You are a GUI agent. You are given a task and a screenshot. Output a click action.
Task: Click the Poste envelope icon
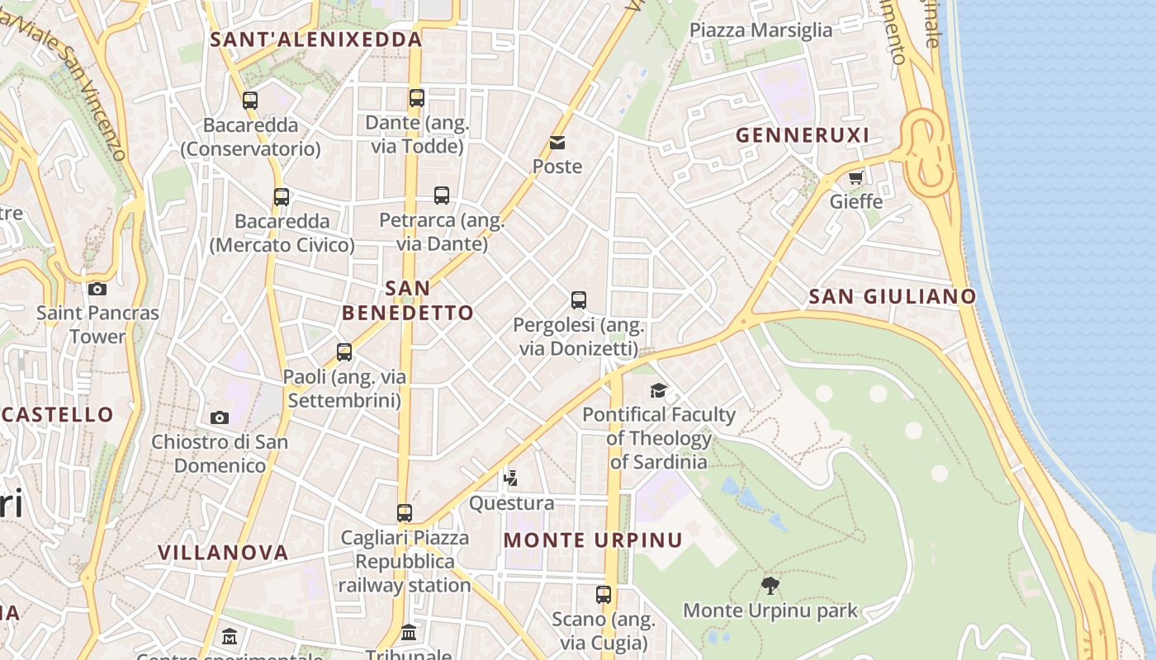(557, 143)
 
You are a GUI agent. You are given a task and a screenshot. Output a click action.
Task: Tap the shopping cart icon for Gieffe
(855, 177)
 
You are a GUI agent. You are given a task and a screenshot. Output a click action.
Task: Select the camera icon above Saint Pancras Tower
(97, 289)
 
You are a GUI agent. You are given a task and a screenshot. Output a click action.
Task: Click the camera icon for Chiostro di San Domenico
(219, 417)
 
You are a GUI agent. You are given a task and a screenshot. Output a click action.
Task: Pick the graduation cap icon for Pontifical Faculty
(658, 390)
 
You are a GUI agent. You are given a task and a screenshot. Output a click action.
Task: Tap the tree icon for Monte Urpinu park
(770, 586)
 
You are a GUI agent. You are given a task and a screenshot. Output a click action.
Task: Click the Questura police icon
(511, 477)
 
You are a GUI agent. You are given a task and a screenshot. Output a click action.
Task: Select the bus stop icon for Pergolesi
(579, 300)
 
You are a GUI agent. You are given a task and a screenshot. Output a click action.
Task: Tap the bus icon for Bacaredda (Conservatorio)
(250, 101)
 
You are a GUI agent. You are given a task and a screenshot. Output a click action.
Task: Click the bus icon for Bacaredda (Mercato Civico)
(282, 197)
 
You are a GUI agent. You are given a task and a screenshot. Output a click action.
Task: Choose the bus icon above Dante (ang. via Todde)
(417, 98)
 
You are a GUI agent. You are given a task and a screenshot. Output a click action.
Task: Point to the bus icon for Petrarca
(442, 196)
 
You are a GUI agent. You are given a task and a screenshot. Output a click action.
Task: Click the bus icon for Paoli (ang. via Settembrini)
(344, 352)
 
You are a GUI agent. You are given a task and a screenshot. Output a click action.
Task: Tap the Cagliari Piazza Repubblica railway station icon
(405, 513)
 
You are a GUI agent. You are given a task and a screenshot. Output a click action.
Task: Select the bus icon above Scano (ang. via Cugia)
(604, 594)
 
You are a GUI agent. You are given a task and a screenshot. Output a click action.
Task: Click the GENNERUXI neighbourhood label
(802, 135)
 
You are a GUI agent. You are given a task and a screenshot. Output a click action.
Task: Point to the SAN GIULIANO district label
(892, 296)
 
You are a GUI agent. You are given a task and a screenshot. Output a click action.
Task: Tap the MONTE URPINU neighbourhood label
(593, 540)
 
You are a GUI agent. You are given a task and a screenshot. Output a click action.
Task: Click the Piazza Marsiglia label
(760, 31)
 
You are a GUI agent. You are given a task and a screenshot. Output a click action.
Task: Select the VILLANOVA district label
(223, 552)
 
